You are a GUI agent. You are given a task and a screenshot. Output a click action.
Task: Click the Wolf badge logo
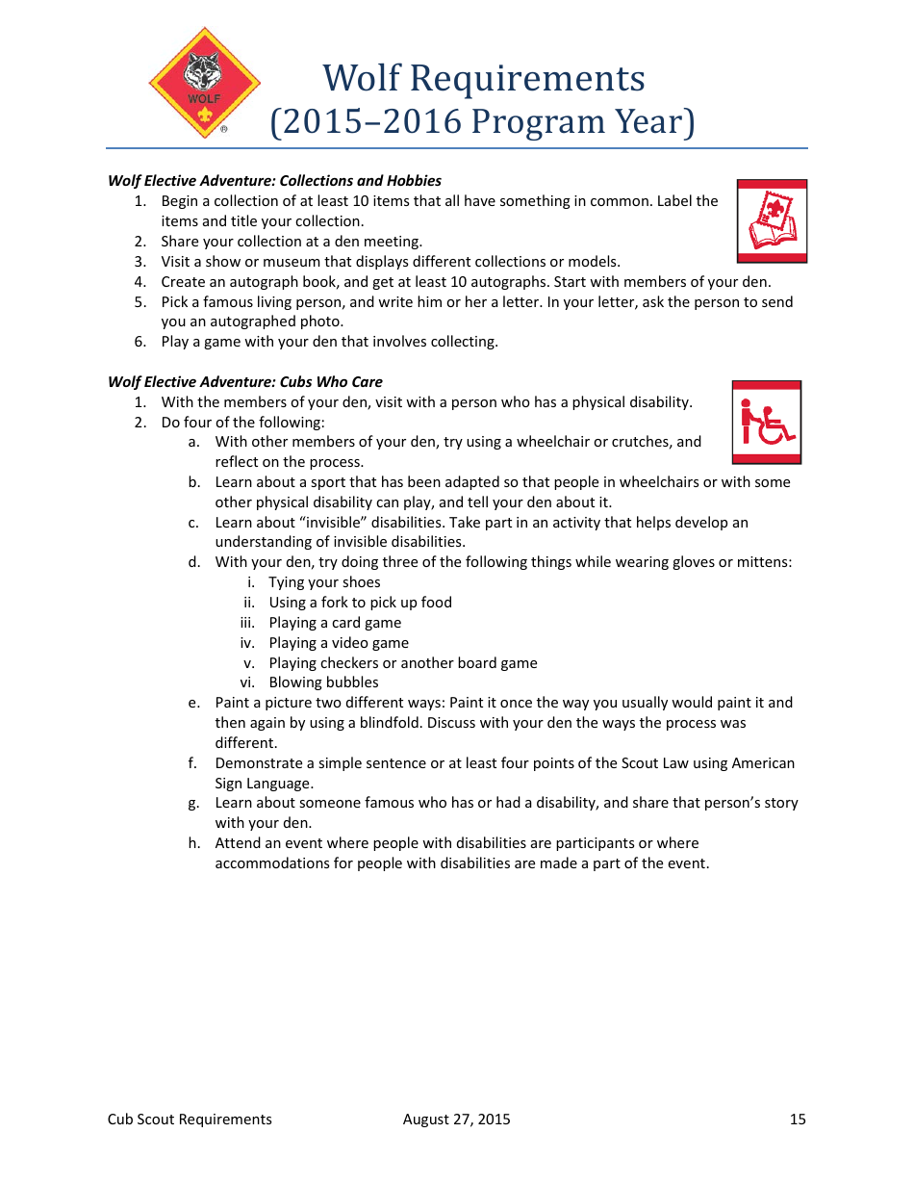tap(204, 84)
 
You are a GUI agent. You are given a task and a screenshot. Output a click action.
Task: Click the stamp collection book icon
tap(772, 220)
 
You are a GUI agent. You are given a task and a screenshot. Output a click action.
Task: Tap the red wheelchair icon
tap(766, 422)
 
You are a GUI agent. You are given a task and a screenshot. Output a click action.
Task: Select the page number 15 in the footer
tap(798, 1119)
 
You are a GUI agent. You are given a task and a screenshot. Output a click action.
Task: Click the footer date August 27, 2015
tap(457, 1119)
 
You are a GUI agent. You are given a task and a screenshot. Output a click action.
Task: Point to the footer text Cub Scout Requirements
tap(190, 1119)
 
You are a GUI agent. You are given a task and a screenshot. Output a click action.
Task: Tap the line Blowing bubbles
tap(323, 682)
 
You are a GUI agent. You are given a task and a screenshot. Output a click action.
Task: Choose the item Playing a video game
tap(339, 643)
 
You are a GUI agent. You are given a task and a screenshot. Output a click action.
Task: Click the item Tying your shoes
tap(324, 582)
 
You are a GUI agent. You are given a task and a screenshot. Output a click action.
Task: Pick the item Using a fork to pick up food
tap(360, 603)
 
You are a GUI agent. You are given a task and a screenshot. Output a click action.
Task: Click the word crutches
tap(643, 442)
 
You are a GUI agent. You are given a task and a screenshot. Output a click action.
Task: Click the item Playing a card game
tap(335, 623)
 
